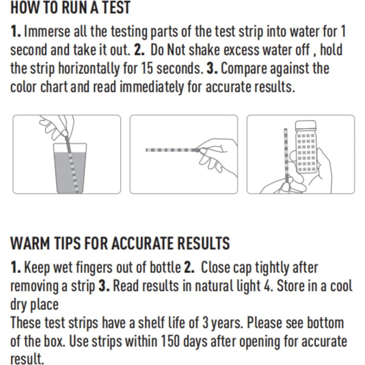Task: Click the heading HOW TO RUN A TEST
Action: coord(70,8)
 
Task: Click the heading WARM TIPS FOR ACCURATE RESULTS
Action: coord(120,243)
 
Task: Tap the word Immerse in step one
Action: coord(47,32)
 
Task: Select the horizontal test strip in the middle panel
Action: coord(170,150)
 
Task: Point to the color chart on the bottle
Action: coord(306,152)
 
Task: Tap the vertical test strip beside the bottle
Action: coord(286,152)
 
